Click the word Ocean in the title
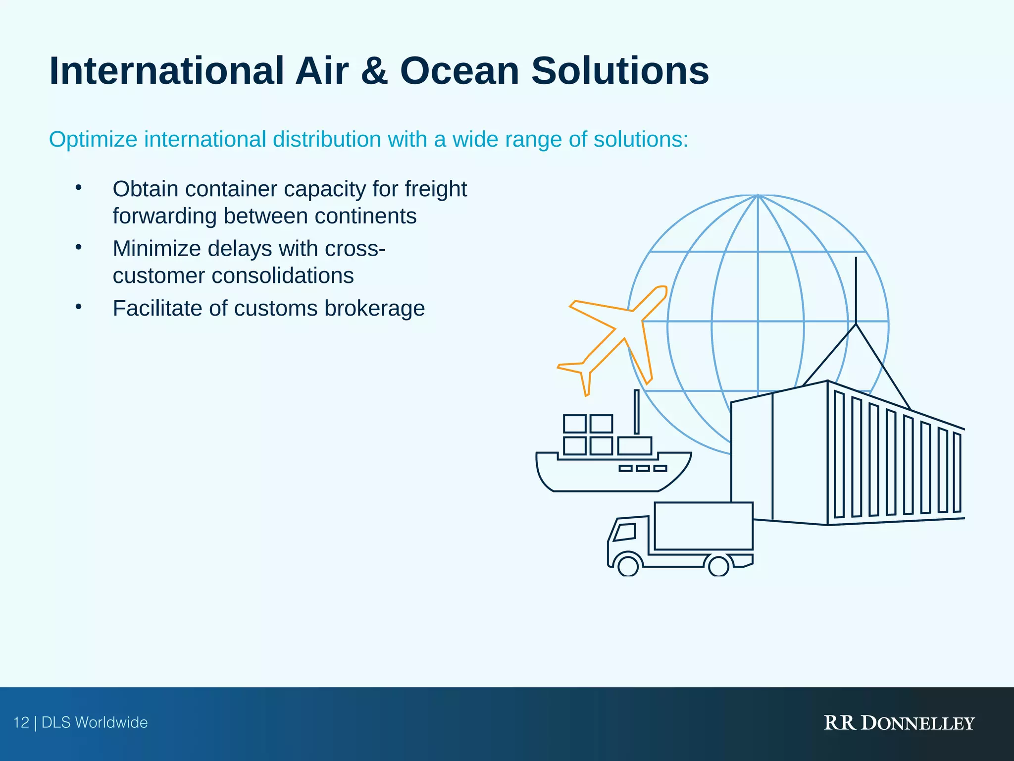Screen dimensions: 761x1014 click(459, 71)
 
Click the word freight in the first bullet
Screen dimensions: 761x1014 click(435, 189)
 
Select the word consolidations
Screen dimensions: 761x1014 click(283, 276)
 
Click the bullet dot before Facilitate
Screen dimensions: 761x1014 click(78, 307)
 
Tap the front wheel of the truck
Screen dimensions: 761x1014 click(628, 565)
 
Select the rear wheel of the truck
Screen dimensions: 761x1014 click(718, 565)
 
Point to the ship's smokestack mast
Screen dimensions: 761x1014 click(636, 412)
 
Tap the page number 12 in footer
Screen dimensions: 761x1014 click(21, 722)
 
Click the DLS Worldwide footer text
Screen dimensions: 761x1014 click(95, 722)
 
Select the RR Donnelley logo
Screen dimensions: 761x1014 click(899, 723)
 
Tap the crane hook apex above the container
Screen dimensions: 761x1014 click(856, 324)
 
